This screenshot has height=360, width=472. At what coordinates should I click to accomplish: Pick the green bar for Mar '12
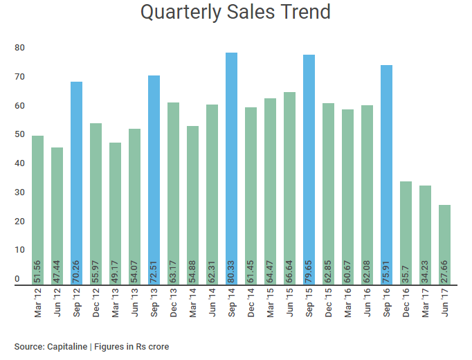[x=37, y=208]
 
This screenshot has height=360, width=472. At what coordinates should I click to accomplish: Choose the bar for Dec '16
[x=406, y=232]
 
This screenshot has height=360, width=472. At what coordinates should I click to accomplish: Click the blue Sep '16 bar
[x=386, y=173]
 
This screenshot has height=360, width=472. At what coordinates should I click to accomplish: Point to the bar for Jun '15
[x=289, y=187]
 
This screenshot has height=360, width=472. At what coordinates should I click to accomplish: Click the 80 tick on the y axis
[x=20, y=48]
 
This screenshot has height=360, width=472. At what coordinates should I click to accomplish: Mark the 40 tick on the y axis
[x=20, y=163]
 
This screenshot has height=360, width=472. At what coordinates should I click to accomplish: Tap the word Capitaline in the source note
[x=71, y=346]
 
